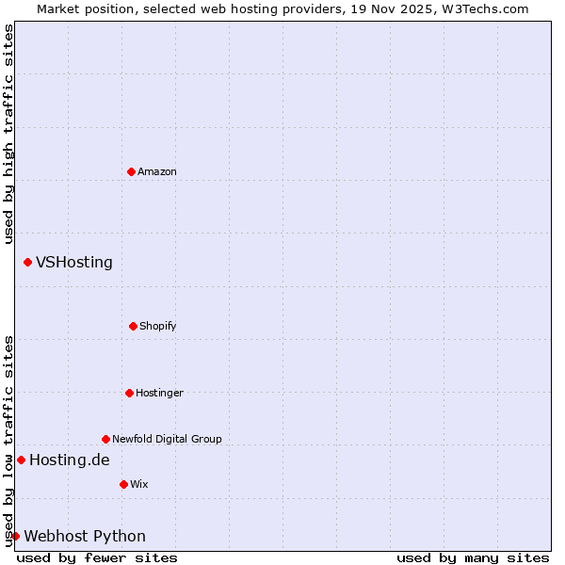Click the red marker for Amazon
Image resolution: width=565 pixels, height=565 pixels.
tap(131, 171)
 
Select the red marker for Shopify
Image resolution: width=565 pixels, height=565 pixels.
tap(133, 326)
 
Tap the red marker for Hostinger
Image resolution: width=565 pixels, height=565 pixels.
tap(129, 393)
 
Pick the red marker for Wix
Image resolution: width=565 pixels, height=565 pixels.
tap(123, 484)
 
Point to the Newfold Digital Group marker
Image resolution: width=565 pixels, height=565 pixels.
tap(105, 439)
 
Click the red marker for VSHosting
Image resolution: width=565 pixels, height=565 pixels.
tap(27, 262)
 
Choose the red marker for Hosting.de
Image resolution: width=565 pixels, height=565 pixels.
tap(21, 460)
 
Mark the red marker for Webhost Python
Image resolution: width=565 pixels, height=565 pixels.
tap(15, 536)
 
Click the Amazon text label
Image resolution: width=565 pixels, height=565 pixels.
tap(157, 171)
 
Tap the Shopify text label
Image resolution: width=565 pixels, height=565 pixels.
tap(158, 326)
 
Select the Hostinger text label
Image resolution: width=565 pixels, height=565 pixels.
tap(159, 393)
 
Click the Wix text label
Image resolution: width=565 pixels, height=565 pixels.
tap(139, 484)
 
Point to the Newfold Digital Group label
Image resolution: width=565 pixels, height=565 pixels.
tap(167, 439)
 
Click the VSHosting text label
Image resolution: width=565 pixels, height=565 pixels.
tap(74, 262)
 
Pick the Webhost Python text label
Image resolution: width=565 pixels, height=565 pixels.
tap(85, 536)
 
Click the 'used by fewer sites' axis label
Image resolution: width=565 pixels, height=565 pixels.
tap(97, 557)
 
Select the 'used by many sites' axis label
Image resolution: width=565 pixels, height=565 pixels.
tap(473, 557)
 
